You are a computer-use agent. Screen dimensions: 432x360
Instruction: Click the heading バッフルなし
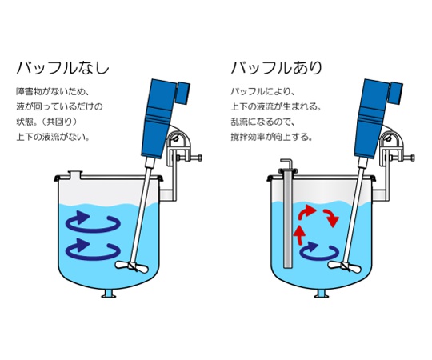click(x=63, y=68)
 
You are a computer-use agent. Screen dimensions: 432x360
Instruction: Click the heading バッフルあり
click(x=276, y=68)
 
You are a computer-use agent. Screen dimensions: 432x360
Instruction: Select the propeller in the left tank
click(x=132, y=266)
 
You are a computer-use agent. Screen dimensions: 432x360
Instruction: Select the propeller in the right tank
click(x=344, y=266)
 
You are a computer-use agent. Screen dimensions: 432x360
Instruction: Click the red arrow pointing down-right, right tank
click(x=332, y=218)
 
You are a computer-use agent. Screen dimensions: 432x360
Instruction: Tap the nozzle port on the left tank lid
click(x=75, y=174)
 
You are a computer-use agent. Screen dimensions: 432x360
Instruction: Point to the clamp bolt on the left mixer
click(x=190, y=158)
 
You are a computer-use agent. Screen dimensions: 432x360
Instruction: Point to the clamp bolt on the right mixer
click(x=402, y=158)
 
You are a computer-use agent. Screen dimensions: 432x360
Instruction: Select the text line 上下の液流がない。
click(x=53, y=137)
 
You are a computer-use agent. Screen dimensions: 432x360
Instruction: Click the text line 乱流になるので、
click(x=263, y=122)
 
